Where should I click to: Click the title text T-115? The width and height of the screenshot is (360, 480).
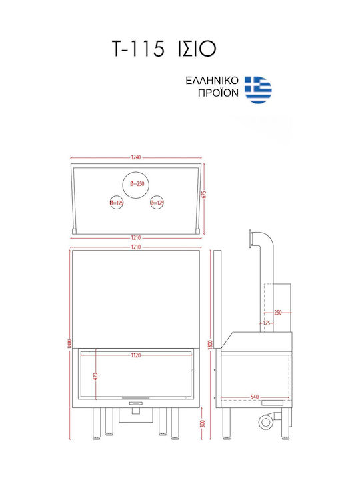(x=139, y=49)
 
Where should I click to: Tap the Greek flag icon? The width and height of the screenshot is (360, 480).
(x=258, y=90)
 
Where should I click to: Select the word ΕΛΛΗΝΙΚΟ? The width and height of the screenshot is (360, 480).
(x=212, y=81)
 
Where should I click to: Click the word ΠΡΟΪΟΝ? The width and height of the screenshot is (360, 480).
(x=218, y=93)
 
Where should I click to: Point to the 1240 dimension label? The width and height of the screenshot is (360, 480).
(x=135, y=157)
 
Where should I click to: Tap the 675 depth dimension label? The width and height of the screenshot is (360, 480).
(x=204, y=195)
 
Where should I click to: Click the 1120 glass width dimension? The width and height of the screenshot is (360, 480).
(x=135, y=355)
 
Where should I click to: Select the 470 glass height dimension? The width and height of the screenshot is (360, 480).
(x=95, y=376)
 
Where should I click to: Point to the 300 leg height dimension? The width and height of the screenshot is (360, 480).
(x=202, y=424)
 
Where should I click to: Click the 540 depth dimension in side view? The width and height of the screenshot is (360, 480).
(x=255, y=397)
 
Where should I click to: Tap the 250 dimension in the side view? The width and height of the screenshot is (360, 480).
(x=277, y=313)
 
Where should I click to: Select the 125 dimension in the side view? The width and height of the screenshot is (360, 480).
(x=266, y=323)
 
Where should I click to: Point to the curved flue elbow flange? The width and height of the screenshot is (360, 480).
(x=251, y=239)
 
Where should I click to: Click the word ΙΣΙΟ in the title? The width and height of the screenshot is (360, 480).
(x=197, y=49)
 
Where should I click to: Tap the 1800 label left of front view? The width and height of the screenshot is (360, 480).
(x=70, y=344)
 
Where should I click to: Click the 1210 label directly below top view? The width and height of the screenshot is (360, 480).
(x=135, y=237)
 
